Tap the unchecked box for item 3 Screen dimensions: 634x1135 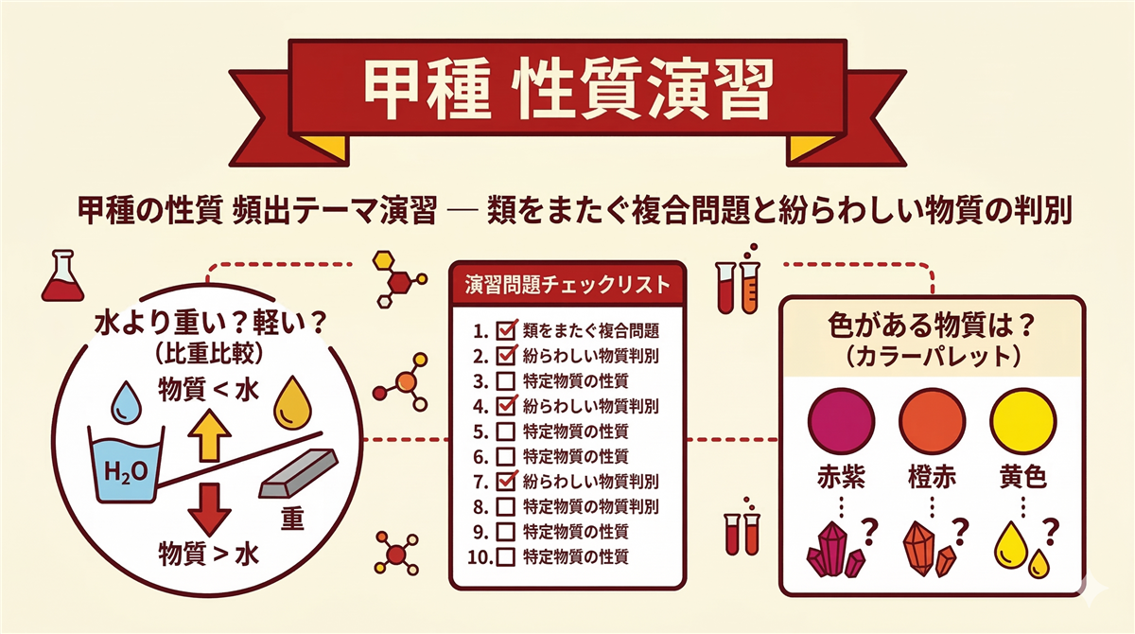pos(506,381)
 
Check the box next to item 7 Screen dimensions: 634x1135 pos(506,480)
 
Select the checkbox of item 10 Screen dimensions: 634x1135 pos(506,555)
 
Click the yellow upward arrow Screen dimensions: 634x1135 pos(209,437)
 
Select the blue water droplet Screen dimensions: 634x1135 pos(125,402)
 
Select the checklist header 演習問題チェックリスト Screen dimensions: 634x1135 pos(567,283)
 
